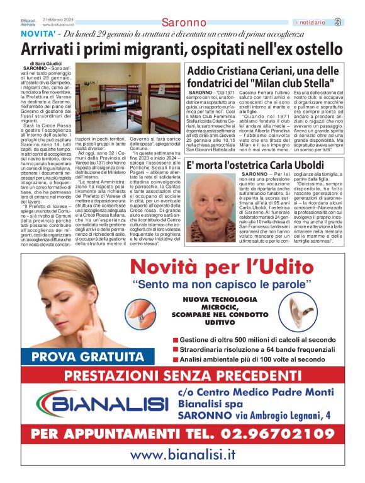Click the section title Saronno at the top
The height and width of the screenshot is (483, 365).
184,22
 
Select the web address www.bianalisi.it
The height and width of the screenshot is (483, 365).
183,455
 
